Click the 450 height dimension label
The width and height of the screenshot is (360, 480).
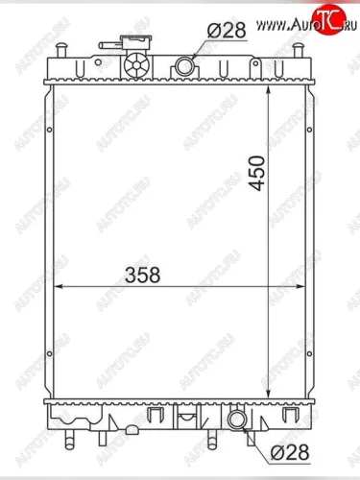click(258, 173)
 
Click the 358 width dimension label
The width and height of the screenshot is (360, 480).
click(143, 276)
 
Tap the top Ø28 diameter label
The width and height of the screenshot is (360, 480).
click(227, 31)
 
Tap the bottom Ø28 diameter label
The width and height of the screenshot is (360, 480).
click(290, 452)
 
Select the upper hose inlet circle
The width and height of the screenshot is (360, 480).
click(184, 65)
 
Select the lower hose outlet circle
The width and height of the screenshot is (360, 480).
click(237, 420)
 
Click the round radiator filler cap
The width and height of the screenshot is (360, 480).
click(136, 65)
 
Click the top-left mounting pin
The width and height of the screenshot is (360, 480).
click(60, 51)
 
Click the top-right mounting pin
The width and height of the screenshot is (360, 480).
click(298, 51)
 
